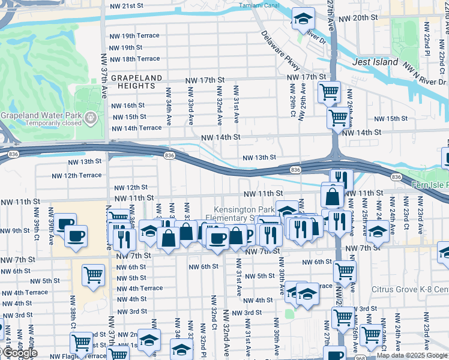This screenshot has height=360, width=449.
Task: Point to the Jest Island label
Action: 375,62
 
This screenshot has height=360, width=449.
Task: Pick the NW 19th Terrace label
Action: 134,35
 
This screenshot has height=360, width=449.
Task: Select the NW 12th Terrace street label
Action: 77,175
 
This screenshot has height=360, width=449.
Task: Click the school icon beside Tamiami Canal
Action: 304,19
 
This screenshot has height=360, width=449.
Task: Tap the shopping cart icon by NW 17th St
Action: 329,93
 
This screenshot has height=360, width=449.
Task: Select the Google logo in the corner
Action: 20,353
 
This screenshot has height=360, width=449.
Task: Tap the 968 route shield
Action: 360,358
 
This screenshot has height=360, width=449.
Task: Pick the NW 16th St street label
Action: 128,105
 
